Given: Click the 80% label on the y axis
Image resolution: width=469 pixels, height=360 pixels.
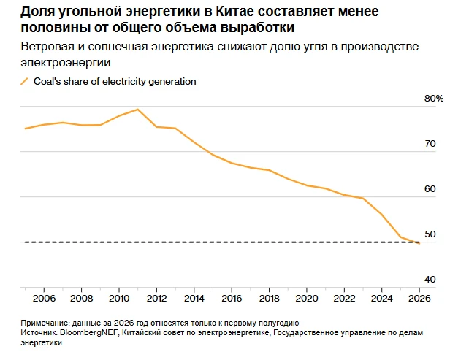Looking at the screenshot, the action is [x=434, y=99].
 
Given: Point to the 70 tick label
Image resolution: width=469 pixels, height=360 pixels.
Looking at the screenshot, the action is [x=430, y=144].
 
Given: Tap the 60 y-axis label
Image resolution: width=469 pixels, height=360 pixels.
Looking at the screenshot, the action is [x=430, y=189].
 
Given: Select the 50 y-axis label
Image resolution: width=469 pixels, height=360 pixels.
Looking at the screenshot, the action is [x=430, y=234].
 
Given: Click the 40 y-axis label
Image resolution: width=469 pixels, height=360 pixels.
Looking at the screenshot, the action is [x=430, y=280].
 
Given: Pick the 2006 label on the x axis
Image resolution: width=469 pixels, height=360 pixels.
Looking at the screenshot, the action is [x=44, y=298].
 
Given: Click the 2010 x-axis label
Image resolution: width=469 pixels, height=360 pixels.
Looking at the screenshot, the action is [x=119, y=298].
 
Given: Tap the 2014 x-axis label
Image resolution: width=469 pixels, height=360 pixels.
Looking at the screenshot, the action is [x=194, y=298].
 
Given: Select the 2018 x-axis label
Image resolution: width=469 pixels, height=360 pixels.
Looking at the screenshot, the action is [x=269, y=298].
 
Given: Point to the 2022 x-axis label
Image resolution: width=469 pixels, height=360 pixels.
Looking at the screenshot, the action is [x=344, y=298].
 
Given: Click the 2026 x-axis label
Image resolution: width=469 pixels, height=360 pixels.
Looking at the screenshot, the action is [x=419, y=298].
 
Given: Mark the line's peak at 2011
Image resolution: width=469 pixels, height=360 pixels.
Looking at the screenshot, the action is [x=137, y=110].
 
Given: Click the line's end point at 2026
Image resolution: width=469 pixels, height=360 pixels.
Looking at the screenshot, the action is [x=419, y=243].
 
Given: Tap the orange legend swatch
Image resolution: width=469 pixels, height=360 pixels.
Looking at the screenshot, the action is [x=25, y=81].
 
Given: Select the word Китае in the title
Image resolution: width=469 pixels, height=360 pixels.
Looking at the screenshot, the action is [x=234, y=12].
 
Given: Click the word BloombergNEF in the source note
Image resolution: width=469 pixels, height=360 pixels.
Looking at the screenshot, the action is [x=88, y=332].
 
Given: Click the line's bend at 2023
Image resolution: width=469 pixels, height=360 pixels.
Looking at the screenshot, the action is [x=363, y=198].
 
